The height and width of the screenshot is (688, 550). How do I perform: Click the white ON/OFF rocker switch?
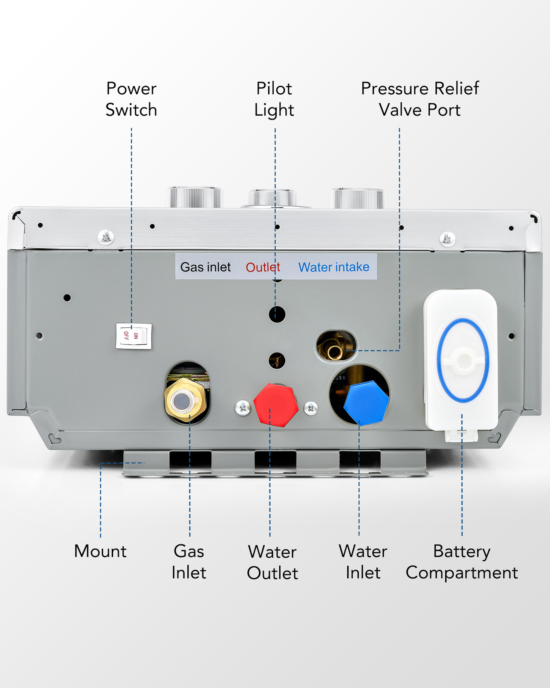tap(134, 336)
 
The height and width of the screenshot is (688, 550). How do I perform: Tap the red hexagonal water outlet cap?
tap(276, 405)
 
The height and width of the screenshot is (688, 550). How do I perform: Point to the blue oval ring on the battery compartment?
tap(463, 360)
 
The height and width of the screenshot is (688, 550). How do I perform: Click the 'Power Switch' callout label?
tap(131, 99)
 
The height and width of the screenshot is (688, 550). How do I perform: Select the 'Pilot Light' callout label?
tap(274, 99)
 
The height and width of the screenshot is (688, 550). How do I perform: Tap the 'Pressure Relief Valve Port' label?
tap(419, 99)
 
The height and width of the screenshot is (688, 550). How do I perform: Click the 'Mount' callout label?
tap(100, 551)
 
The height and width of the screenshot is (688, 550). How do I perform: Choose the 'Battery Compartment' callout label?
tap(461, 562)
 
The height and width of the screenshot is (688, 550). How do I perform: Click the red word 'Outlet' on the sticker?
tap(263, 267)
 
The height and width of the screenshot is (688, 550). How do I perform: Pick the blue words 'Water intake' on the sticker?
tap(334, 267)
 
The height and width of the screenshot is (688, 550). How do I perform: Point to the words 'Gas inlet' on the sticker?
tap(205, 267)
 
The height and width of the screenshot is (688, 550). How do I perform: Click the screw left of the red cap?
tap(243, 408)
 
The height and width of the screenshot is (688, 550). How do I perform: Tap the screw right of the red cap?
tap(311, 408)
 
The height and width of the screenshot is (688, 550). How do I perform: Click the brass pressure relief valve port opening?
tap(336, 347)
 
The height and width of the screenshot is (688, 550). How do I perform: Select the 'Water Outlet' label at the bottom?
tap(272, 562)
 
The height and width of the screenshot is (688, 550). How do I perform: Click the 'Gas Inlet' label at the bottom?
tap(189, 562)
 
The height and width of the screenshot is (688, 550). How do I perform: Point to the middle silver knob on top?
tap(272, 198)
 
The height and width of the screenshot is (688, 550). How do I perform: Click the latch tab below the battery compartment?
tap(461, 436)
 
